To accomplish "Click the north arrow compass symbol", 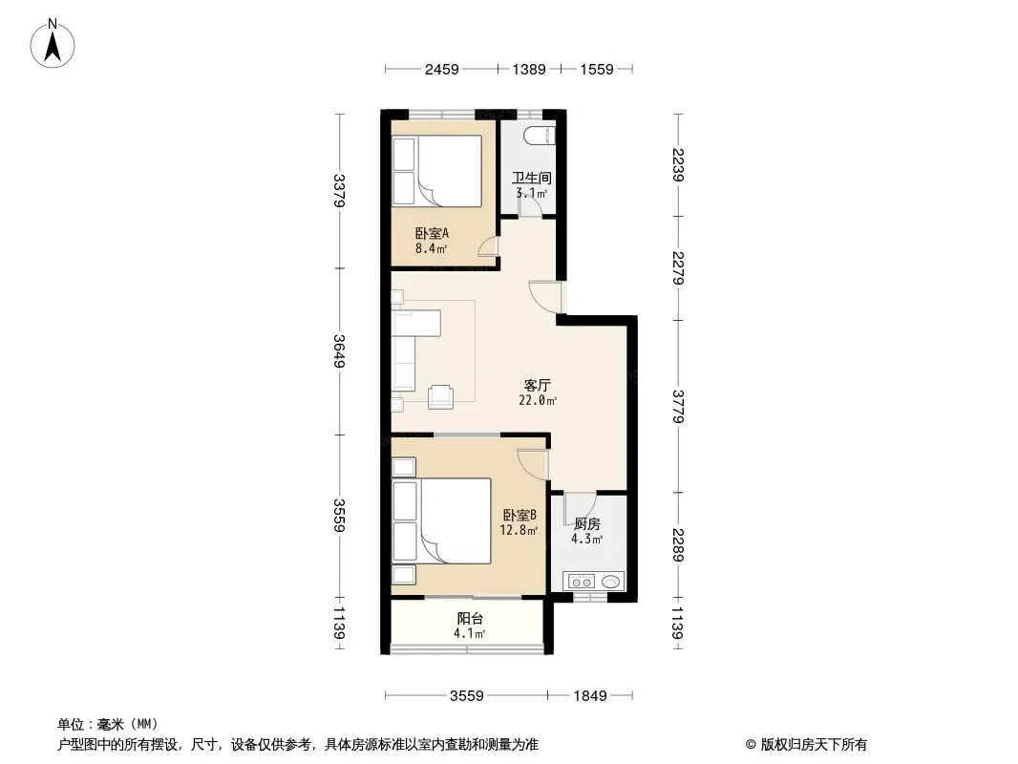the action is coord(53,44).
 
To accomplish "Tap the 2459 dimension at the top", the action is coord(441,69).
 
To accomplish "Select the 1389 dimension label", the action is coord(528,69).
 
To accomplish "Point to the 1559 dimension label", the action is coord(596,69).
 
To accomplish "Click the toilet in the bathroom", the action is coord(540,135).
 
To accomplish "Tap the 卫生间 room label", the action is coord(531,178).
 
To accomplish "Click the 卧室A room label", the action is coord(432,233).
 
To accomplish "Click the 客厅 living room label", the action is coord(537,385).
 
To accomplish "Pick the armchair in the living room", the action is coord(441,396).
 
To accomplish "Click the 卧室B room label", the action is coord(520,515).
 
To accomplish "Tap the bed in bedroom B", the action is coord(441,520).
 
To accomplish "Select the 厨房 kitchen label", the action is coord(587,524).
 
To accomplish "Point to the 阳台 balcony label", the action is coord(470,619).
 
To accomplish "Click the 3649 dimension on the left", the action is coord(339,350).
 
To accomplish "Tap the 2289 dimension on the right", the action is coord(678,544).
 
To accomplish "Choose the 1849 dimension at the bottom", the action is coord(589,696).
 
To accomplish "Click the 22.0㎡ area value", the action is coord(538,400).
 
